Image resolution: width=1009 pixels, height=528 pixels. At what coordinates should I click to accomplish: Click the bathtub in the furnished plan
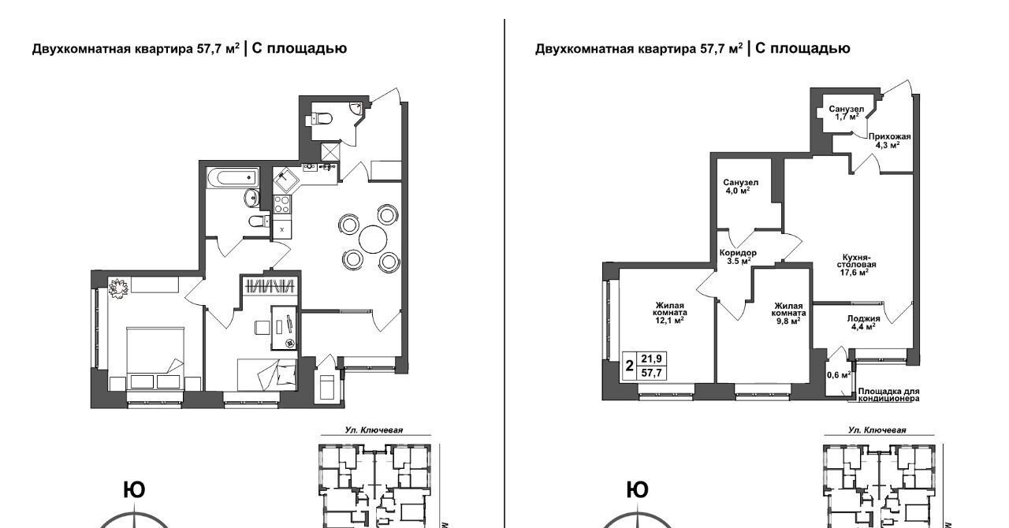pyautogui.click(x=233, y=178)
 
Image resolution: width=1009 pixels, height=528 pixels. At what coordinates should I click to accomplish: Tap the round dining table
pyautogui.click(x=373, y=240)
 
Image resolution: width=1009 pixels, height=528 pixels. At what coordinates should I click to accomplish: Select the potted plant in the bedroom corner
pyautogui.click(x=118, y=288)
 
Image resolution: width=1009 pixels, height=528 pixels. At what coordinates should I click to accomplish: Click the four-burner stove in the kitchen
pyautogui.click(x=282, y=204)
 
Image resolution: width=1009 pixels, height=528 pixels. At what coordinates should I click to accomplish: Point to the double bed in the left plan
pyautogui.click(x=155, y=359)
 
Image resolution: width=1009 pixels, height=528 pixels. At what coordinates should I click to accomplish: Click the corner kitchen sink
pyautogui.click(x=285, y=180)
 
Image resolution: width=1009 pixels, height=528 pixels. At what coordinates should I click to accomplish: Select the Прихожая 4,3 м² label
pyautogui.click(x=890, y=140)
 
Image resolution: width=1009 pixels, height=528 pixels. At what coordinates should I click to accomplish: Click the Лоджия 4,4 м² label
pyautogui.click(x=863, y=322)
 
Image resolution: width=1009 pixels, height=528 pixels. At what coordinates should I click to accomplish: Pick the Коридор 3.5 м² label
pyautogui.click(x=738, y=257)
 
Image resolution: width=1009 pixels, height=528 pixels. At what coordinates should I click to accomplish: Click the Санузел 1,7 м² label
pyautogui.click(x=847, y=113)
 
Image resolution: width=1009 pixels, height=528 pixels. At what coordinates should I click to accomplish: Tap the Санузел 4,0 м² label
pyautogui.click(x=740, y=186)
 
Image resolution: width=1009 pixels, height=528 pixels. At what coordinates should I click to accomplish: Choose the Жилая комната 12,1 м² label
pyautogui.click(x=670, y=313)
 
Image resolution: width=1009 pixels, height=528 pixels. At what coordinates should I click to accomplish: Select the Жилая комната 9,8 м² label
pyautogui.click(x=789, y=313)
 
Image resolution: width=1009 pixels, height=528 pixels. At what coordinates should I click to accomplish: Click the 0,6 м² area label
pyautogui.click(x=839, y=374)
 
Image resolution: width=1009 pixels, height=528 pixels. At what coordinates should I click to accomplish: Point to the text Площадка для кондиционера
pyautogui.click(x=888, y=395)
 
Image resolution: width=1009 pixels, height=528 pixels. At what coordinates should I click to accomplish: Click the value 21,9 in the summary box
pyautogui.click(x=651, y=359)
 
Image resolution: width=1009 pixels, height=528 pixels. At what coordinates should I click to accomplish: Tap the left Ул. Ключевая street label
pyautogui.click(x=374, y=430)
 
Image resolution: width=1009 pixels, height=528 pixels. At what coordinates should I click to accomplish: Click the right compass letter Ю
pyautogui.click(x=638, y=490)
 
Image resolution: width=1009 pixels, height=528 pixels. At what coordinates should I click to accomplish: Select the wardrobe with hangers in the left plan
pyautogui.click(x=270, y=285)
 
